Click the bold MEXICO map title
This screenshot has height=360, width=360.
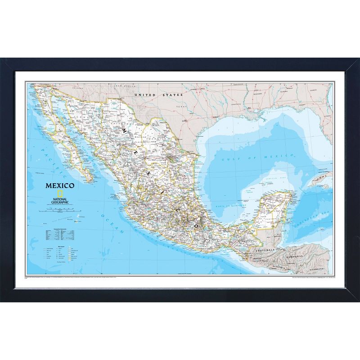point(59,184)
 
